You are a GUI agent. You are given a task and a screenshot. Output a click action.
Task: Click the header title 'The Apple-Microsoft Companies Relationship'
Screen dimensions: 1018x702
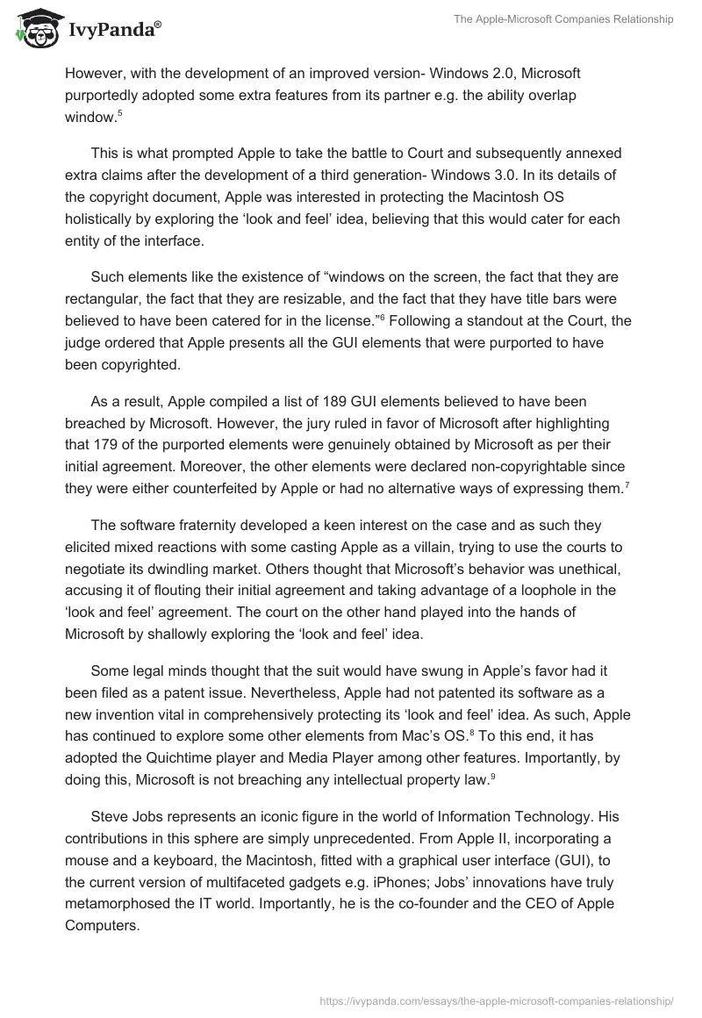pos(564,20)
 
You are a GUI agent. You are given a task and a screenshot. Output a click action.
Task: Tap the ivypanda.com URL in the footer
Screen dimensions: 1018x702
pos(498,1000)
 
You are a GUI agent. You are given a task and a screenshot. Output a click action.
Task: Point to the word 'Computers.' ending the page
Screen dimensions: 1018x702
pos(102,925)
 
